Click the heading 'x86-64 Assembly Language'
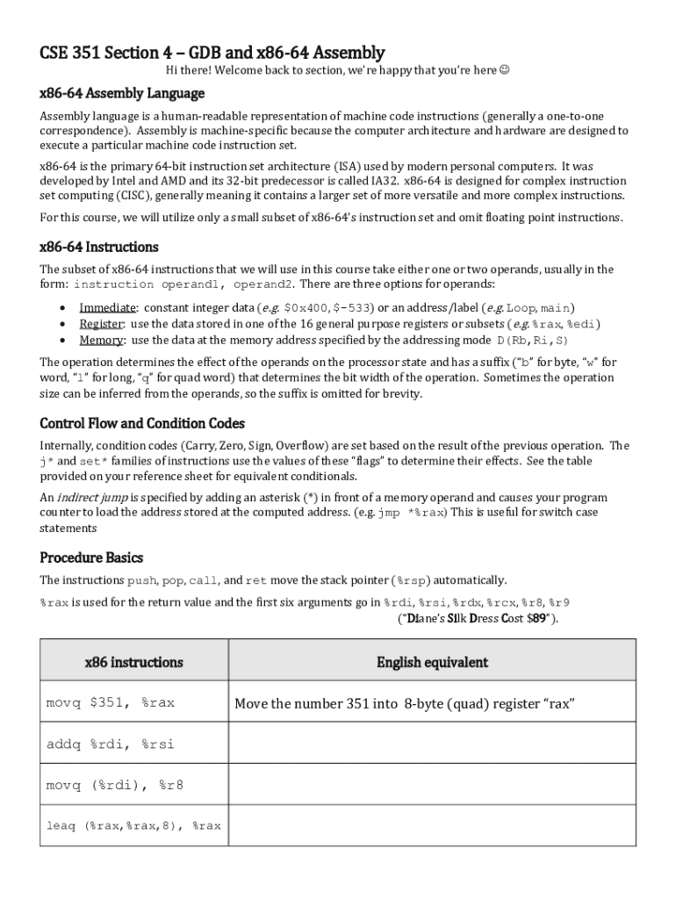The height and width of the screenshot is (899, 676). point(122,93)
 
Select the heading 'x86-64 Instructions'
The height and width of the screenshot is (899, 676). point(99,247)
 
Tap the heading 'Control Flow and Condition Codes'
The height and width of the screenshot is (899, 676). point(142,423)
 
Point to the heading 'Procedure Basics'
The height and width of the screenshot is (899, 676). point(91,557)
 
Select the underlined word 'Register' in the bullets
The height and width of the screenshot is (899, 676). point(101,324)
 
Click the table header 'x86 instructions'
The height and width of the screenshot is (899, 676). point(133,662)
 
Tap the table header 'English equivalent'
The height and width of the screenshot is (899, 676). point(432,662)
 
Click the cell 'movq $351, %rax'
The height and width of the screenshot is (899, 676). point(111,702)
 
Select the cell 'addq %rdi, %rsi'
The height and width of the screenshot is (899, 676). point(111,744)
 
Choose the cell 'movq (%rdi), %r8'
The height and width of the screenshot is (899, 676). point(115,785)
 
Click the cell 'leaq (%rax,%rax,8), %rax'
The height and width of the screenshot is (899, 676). point(133,826)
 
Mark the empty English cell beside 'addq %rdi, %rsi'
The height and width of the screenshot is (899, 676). point(432,744)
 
